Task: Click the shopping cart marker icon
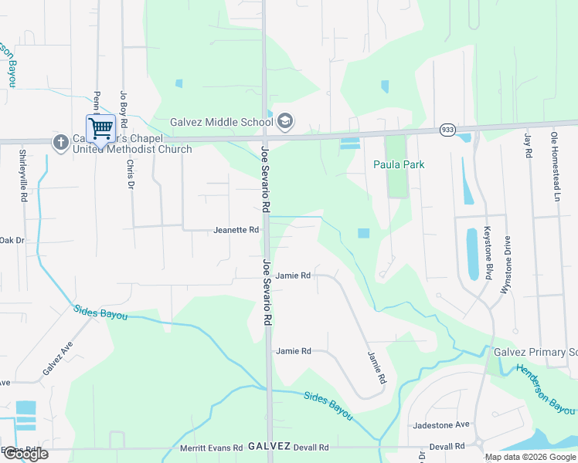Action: click(101, 127)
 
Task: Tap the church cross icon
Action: click(60, 142)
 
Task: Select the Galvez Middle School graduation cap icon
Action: click(285, 121)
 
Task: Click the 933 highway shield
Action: click(447, 130)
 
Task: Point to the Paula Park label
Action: click(399, 164)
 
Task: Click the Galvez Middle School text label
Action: click(222, 122)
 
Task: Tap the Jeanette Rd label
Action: click(236, 230)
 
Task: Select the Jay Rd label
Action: click(528, 145)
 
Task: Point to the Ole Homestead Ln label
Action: click(554, 166)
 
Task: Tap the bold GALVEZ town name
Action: click(269, 447)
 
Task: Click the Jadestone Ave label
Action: click(441, 425)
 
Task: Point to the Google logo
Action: click(25, 453)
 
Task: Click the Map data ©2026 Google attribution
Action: click(530, 457)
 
